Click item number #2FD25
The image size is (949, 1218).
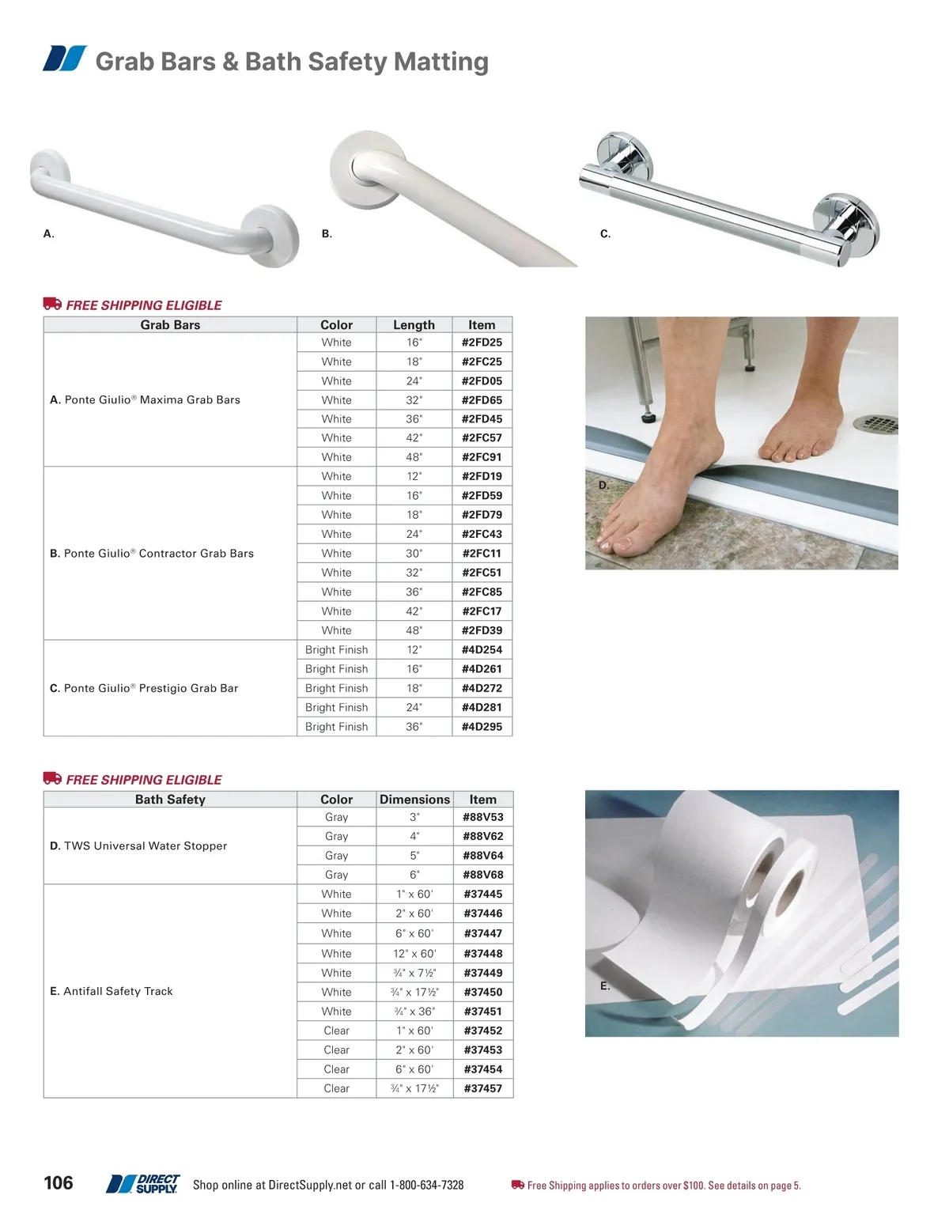point(482,342)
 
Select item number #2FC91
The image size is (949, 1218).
point(482,457)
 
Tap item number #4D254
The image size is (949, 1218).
point(482,650)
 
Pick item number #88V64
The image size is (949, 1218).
point(482,856)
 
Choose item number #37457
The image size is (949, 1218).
point(482,1088)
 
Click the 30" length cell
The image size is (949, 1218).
point(414,554)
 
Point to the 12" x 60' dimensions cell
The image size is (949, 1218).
point(414,954)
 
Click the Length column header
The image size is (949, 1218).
point(414,325)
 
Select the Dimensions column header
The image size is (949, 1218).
point(414,800)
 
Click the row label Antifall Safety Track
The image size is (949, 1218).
point(112,991)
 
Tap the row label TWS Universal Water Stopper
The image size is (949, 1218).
point(138,845)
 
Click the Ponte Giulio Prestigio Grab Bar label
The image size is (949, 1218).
point(144,688)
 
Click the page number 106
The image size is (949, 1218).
point(59,1183)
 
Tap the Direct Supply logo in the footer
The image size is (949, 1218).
point(143,1184)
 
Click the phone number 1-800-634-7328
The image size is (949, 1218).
point(426,1185)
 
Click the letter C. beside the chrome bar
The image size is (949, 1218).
point(605,234)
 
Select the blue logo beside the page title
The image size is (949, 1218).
point(65,59)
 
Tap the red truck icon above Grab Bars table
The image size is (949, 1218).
point(52,304)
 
